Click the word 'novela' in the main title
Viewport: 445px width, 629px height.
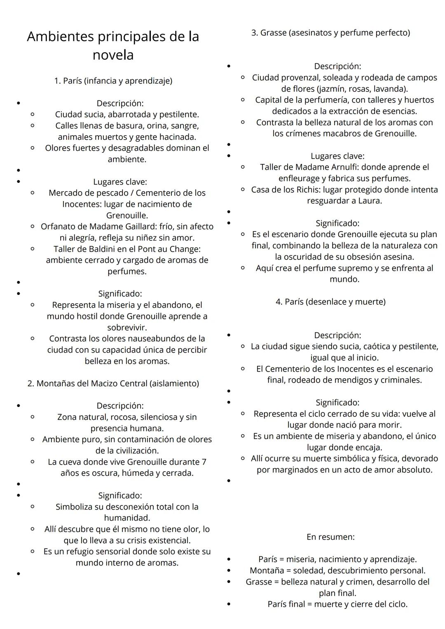click(113, 55)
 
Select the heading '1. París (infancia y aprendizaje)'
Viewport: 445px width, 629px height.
click(113, 81)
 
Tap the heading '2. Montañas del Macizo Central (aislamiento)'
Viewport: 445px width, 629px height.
click(113, 383)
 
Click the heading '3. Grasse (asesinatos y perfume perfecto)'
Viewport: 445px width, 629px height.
click(330, 33)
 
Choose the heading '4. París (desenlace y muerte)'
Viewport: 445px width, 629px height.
click(330, 302)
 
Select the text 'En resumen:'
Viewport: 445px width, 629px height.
click(330, 537)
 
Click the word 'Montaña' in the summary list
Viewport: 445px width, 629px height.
click(266, 571)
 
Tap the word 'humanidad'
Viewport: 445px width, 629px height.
click(126, 518)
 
